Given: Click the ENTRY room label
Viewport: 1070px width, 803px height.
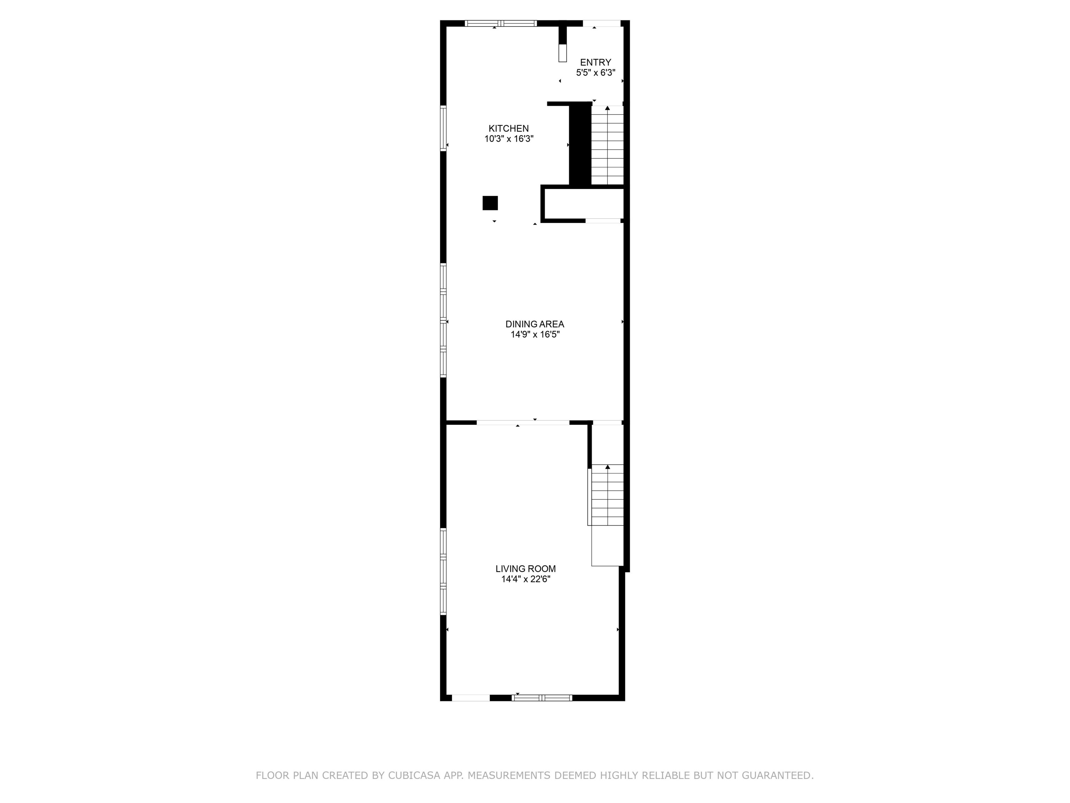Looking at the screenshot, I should tap(596, 62).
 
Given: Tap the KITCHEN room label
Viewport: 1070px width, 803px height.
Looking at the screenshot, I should tap(509, 128).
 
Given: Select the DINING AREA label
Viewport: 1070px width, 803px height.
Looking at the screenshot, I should tap(535, 324).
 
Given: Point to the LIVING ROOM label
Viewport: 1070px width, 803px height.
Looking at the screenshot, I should tap(525, 569).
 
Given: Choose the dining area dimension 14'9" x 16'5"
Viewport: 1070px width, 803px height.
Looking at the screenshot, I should tap(535, 335).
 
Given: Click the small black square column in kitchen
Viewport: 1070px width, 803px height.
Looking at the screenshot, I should tap(490, 203).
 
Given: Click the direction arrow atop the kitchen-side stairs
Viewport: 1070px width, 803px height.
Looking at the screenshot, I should tap(607, 108).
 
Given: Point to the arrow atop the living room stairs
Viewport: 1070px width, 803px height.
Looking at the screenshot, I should tap(607, 467).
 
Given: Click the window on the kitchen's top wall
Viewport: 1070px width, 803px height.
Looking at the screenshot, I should tap(501, 23).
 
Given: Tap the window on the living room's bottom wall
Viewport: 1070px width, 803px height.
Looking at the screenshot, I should tap(542, 697).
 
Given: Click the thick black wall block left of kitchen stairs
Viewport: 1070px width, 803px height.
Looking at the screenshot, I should tap(580, 144).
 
